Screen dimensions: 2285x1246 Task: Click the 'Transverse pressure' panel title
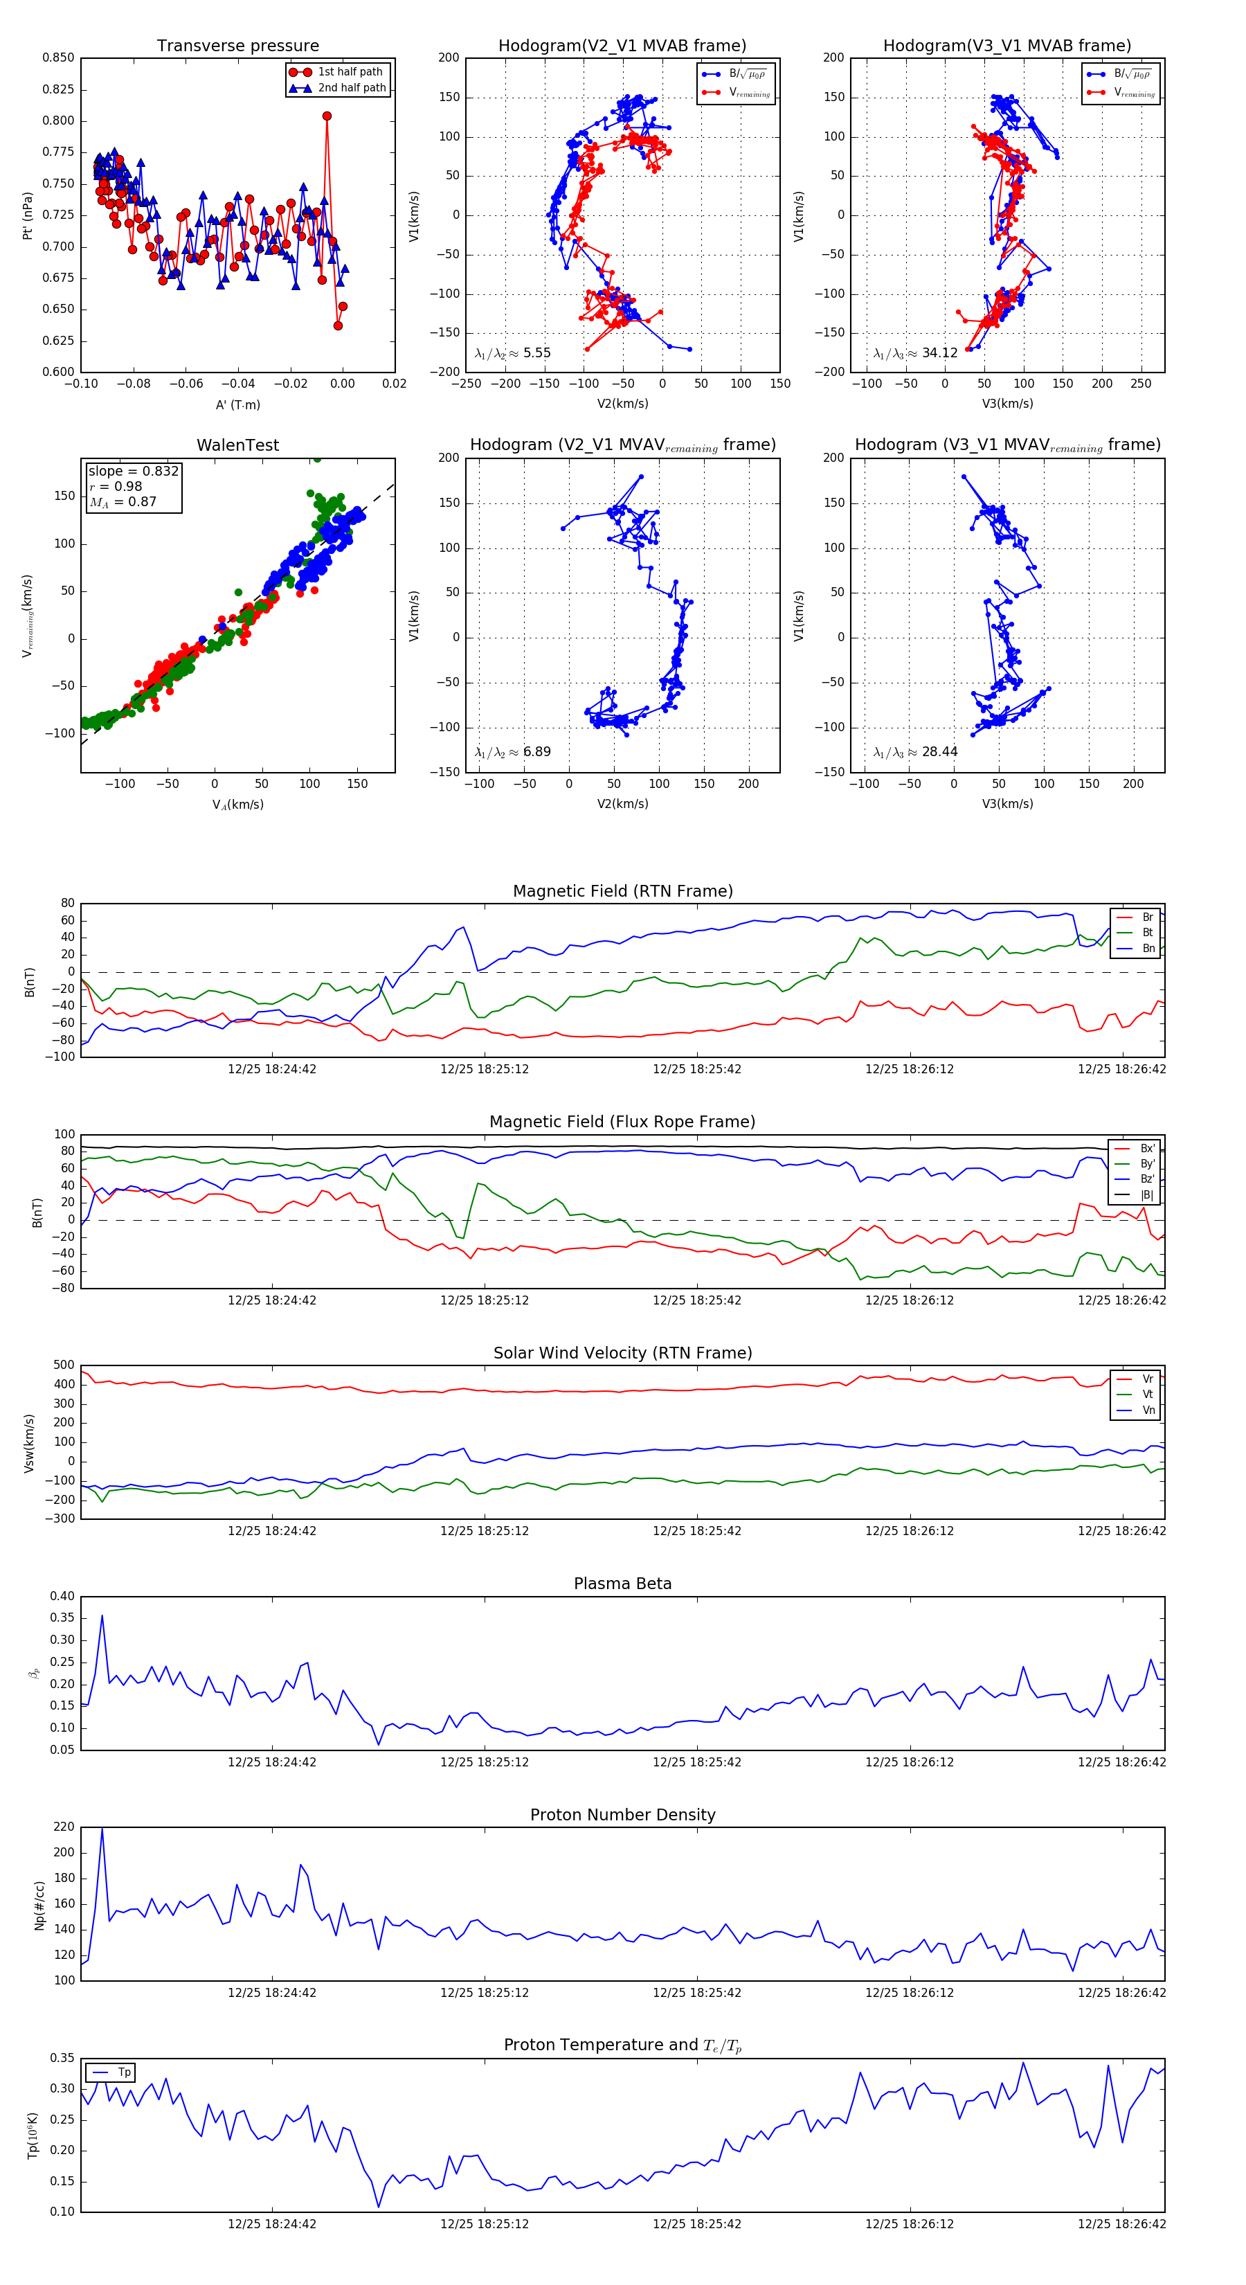point(237,46)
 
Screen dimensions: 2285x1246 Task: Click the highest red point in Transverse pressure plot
point(327,116)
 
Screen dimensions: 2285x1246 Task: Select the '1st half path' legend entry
point(350,72)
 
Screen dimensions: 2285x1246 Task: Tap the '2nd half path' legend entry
point(351,88)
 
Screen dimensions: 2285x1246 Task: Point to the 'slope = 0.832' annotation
point(133,471)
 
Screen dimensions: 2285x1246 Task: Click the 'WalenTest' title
point(237,445)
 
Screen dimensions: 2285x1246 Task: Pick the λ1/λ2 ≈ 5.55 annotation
point(512,353)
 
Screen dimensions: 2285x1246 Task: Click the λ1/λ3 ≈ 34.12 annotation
point(915,353)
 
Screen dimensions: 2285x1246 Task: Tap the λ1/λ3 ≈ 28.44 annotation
point(915,752)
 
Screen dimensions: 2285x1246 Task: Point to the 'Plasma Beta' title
point(622,1584)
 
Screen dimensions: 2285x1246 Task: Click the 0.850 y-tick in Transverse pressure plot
point(59,57)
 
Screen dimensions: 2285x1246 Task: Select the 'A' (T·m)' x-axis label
point(237,405)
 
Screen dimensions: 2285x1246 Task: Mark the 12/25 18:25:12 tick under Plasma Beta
point(485,1762)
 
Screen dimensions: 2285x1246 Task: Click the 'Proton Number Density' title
point(622,1815)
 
